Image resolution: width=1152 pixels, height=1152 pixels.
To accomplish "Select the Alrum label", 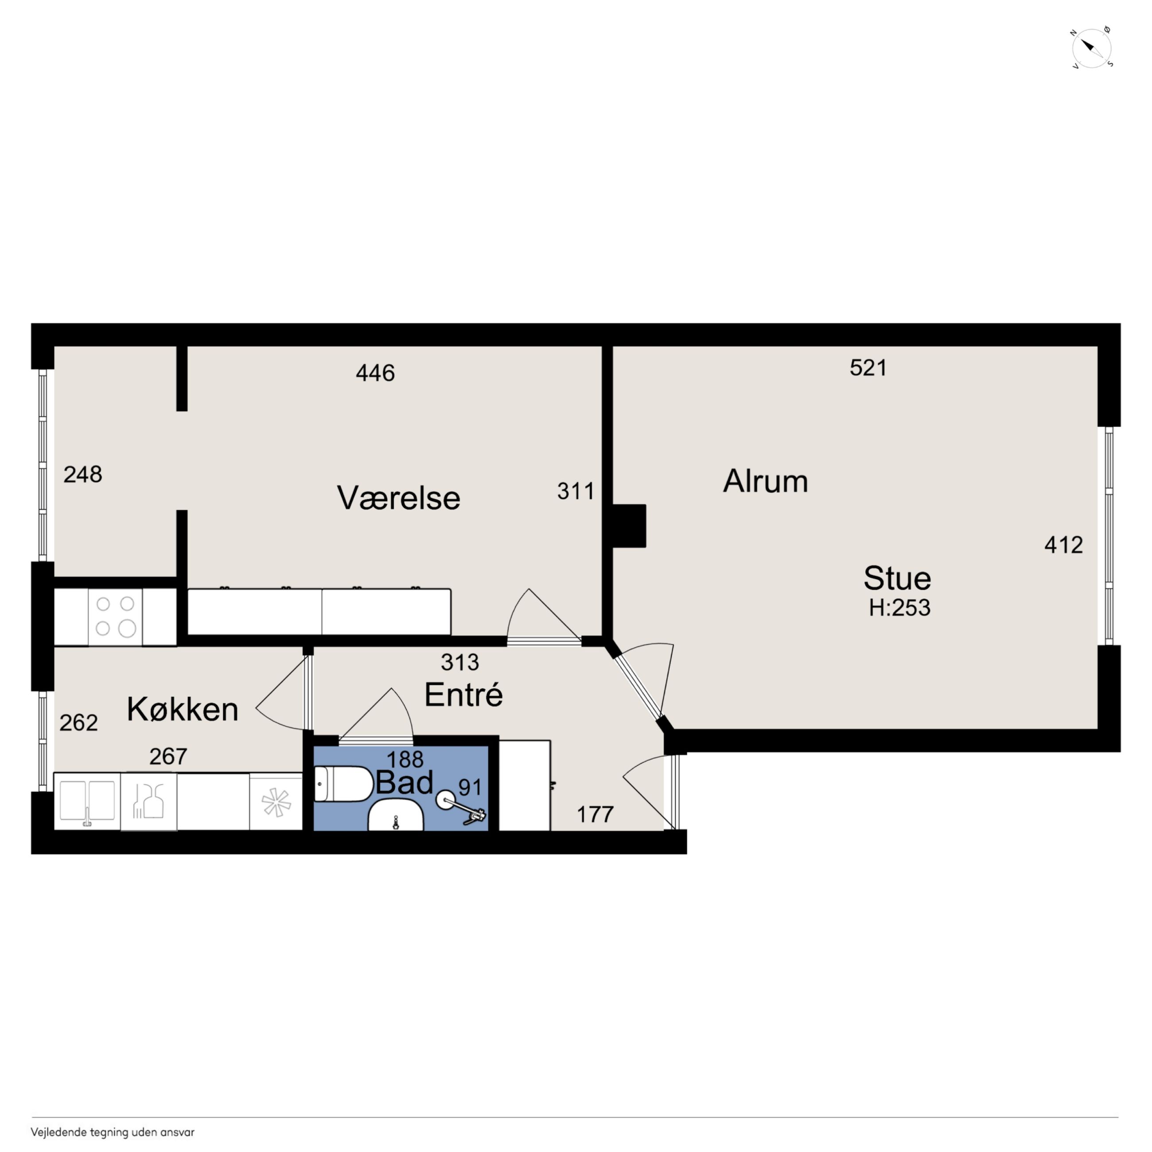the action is pos(765,481).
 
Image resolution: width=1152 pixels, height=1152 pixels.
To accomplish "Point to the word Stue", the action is pos(897,578).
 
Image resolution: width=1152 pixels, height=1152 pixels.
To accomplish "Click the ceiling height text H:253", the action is pos(899,607).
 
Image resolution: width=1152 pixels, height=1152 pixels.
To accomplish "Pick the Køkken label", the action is pos(183,709).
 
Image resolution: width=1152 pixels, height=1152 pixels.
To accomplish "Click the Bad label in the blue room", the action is pos(404,782).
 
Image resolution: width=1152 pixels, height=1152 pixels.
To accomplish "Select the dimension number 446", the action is pos(375,373).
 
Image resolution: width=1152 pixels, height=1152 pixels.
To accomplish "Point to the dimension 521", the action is pos(868,367).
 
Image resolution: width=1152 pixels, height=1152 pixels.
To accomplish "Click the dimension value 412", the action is pos(1064,545).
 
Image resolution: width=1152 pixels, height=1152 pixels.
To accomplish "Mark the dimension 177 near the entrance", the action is pos(595,814).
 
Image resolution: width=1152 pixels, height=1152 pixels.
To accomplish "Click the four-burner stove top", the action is pos(115,617).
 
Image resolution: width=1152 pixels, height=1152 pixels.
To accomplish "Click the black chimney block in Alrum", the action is pos(630,526).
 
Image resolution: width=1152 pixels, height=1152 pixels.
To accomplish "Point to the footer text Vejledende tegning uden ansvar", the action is pos(113,1132).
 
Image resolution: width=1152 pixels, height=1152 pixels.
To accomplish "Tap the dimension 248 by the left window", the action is pos(83,475).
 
